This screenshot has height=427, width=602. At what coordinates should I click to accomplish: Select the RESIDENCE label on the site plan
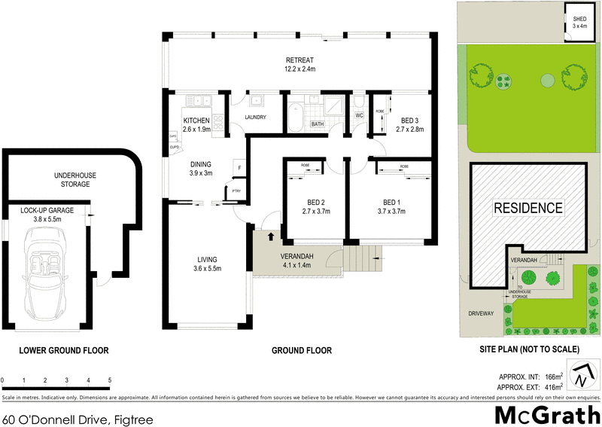(528, 208)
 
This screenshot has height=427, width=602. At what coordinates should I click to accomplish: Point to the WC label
(359, 115)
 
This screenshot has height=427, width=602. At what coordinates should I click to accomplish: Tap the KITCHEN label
(196, 120)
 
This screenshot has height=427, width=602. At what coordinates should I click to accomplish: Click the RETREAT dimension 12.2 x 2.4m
(299, 71)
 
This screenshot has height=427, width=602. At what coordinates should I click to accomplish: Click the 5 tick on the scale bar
(110, 380)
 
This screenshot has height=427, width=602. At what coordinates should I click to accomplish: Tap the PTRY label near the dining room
(236, 191)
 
